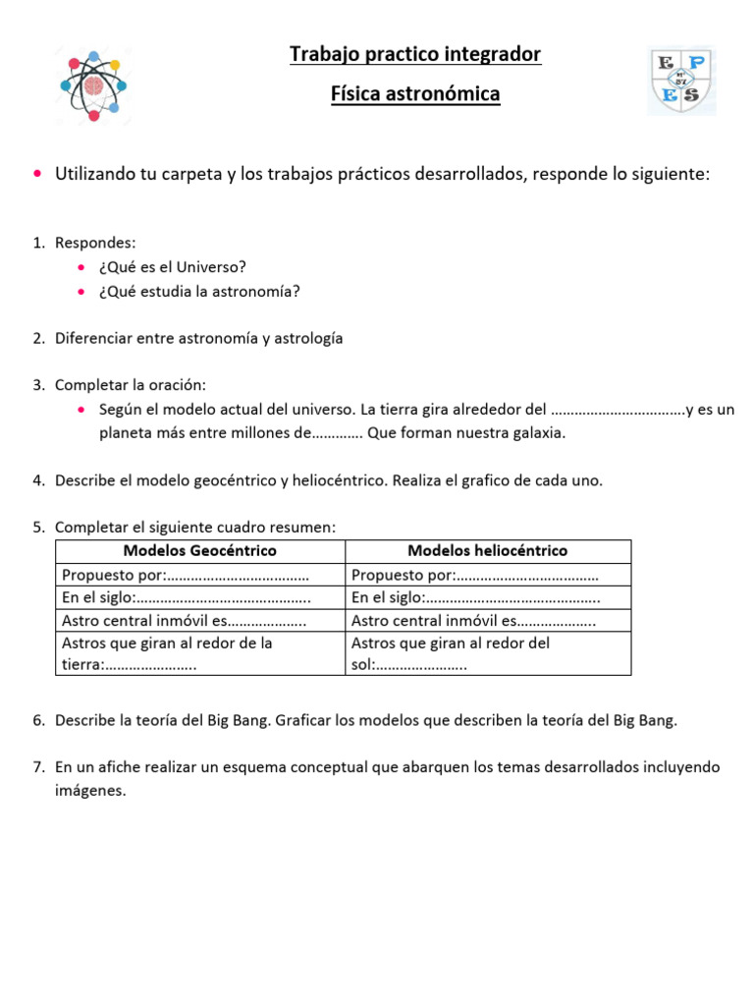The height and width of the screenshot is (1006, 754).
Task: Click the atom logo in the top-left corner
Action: [91, 84]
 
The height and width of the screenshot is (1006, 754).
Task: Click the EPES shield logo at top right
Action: [680, 82]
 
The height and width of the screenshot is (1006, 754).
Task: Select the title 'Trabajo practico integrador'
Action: [415, 54]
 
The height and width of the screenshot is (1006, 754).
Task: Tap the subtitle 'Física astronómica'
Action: [415, 94]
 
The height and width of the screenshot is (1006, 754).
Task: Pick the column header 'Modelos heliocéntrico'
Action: [487, 551]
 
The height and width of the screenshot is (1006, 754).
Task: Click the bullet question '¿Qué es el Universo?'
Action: [173, 267]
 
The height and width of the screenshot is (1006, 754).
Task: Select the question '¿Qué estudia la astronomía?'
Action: [199, 291]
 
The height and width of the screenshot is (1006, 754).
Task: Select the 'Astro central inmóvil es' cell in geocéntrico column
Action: [184, 621]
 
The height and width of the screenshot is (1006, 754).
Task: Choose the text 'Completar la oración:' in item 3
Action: [131, 384]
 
